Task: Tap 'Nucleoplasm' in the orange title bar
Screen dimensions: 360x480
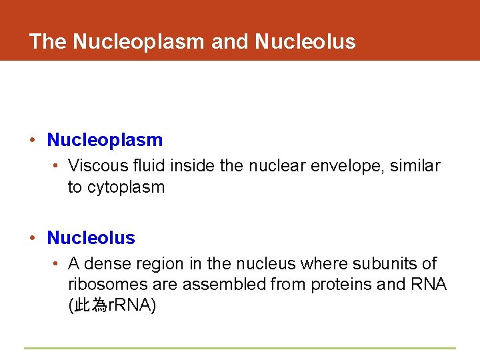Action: click(138, 41)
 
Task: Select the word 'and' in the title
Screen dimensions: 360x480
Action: click(229, 41)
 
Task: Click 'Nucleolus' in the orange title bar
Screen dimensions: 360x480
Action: click(305, 41)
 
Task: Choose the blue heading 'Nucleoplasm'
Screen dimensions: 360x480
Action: click(105, 140)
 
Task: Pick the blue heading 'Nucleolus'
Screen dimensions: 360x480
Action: click(91, 238)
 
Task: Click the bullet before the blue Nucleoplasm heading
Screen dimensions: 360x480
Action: click(33, 141)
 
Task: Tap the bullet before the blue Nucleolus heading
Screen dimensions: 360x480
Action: click(33, 239)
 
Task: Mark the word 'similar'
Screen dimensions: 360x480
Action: click(417, 165)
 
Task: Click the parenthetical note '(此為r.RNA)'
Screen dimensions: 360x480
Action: click(111, 306)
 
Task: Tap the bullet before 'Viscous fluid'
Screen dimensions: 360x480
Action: click(56, 166)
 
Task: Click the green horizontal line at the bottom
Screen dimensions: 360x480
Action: click(240, 348)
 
